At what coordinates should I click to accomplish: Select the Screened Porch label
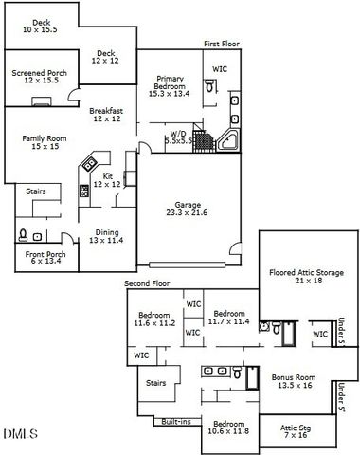point(37,77)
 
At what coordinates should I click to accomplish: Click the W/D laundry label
point(178,136)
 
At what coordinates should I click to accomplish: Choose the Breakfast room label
point(106,115)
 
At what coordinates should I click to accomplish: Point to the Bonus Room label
point(293,381)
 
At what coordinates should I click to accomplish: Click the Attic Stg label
point(295,431)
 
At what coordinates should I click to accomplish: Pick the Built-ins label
point(177,420)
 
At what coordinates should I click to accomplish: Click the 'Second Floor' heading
point(147,283)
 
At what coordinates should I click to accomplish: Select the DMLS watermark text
point(19,435)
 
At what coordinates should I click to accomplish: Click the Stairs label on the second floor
point(155,383)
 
